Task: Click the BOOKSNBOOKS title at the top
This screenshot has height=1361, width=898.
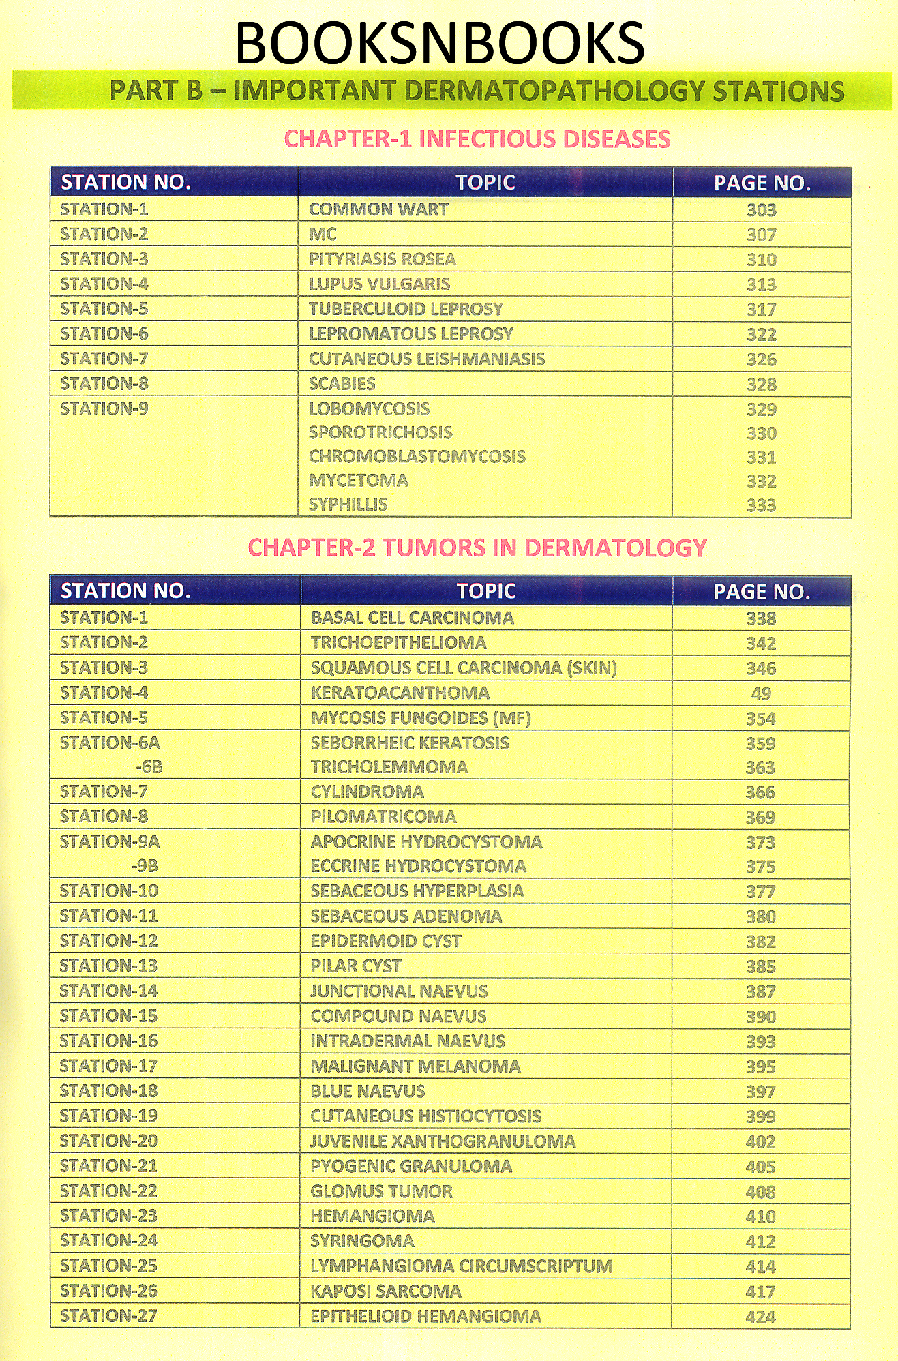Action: pyautogui.click(x=440, y=43)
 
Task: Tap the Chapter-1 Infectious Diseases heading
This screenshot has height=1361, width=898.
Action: pyautogui.click(x=477, y=139)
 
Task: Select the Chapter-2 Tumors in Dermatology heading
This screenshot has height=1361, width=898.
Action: pyautogui.click(x=477, y=548)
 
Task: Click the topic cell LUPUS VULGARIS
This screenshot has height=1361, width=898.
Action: pyautogui.click(x=379, y=284)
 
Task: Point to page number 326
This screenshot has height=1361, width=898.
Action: pyautogui.click(x=761, y=359)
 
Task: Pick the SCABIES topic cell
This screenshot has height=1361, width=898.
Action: pyautogui.click(x=342, y=384)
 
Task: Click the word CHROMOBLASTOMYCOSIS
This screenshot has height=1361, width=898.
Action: pyautogui.click(x=417, y=457)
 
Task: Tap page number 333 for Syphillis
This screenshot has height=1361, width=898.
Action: pyautogui.click(x=761, y=505)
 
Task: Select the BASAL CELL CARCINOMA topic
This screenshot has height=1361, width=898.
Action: pyautogui.click(x=412, y=618)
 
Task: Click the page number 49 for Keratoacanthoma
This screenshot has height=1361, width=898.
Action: pyautogui.click(x=761, y=693)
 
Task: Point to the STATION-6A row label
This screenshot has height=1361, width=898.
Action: pyautogui.click(x=110, y=743)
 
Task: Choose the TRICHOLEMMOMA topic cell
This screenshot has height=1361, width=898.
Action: pyautogui.click(x=389, y=767)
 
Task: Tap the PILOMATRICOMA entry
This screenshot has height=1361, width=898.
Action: pyautogui.click(x=383, y=817)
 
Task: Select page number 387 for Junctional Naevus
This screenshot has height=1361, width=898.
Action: pyautogui.click(x=760, y=991)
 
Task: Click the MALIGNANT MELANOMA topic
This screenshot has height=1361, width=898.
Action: pyautogui.click(x=415, y=1066)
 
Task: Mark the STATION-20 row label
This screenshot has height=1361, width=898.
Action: pyautogui.click(x=108, y=1141)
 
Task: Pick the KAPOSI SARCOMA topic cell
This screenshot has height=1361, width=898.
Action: pyautogui.click(x=386, y=1291)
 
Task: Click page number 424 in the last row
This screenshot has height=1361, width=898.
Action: pyautogui.click(x=760, y=1317)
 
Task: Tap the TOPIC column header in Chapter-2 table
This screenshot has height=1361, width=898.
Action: pyautogui.click(x=486, y=591)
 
